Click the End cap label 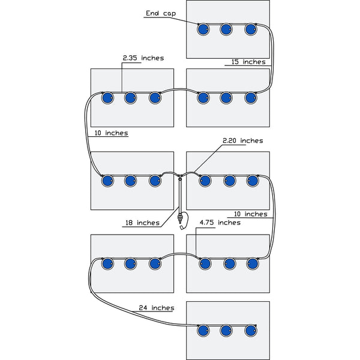[160, 13]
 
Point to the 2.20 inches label [242, 140]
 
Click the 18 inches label [142, 223]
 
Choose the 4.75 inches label [220, 222]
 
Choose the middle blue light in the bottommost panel [226, 330]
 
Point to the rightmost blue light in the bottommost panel [251, 330]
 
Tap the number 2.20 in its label [231, 140]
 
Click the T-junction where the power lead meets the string [179, 176]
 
